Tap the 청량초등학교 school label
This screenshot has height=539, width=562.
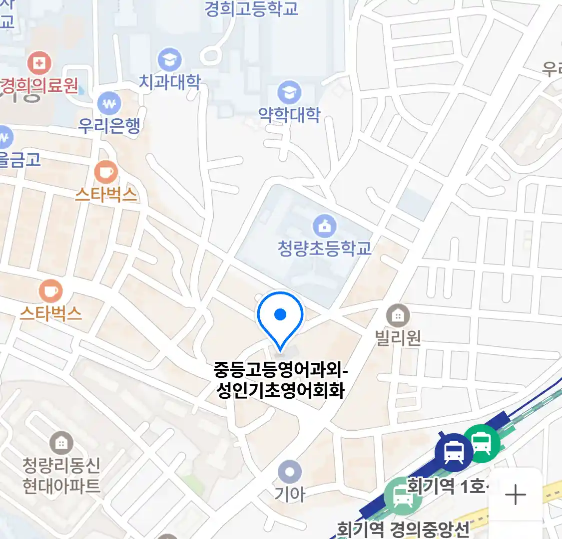[325, 248]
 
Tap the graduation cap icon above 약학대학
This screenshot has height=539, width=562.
[289, 92]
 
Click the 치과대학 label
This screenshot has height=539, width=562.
[169, 82]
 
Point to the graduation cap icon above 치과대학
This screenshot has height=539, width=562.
[169, 60]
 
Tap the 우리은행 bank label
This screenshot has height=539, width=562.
[109, 125]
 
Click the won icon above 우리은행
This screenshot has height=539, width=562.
[109, 104]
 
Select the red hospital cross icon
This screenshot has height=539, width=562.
[39, 63]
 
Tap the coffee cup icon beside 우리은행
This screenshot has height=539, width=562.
[106, 173]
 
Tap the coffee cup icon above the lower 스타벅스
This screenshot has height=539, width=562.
[50, 291]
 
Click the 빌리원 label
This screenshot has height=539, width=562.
[398, 338]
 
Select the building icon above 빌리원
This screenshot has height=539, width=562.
[398, 315]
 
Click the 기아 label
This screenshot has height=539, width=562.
[289, 494]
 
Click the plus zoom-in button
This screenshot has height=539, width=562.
[515, 495]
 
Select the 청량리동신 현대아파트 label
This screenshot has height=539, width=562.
[61, 476]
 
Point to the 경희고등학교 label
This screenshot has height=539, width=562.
[251, 8]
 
